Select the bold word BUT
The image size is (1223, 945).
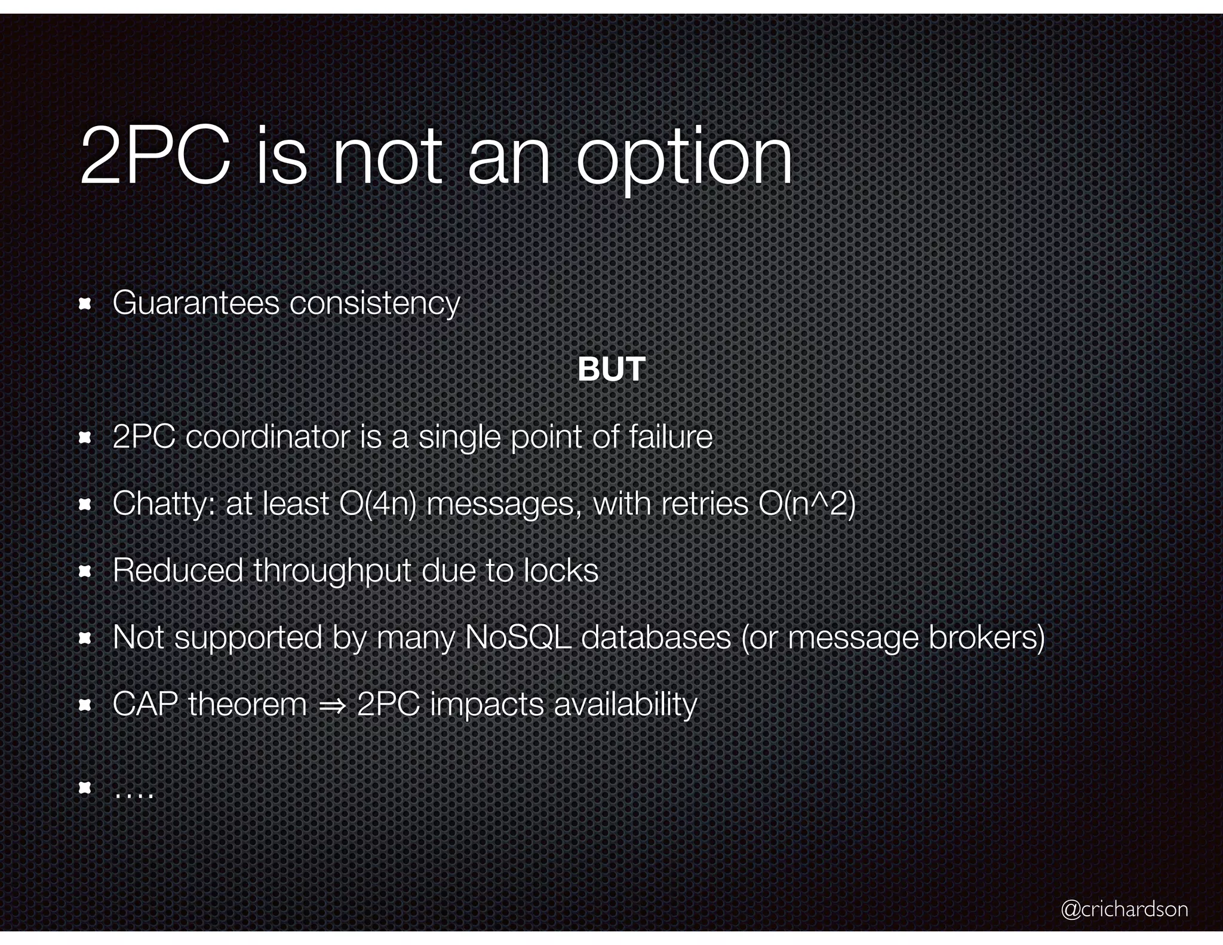[611, 369]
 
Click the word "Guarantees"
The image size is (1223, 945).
[196, 302]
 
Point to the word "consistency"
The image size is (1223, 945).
[374, 303]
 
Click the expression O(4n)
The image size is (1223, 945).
[377, 504]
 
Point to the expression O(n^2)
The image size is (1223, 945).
[807, 504]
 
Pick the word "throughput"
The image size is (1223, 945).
[332, 571]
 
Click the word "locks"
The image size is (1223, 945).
[561, 570]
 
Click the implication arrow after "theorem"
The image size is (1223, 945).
[331, 705]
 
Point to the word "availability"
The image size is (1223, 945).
[625, 705]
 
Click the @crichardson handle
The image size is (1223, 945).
[1124, 909]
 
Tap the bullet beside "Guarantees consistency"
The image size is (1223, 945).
[84, 305]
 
